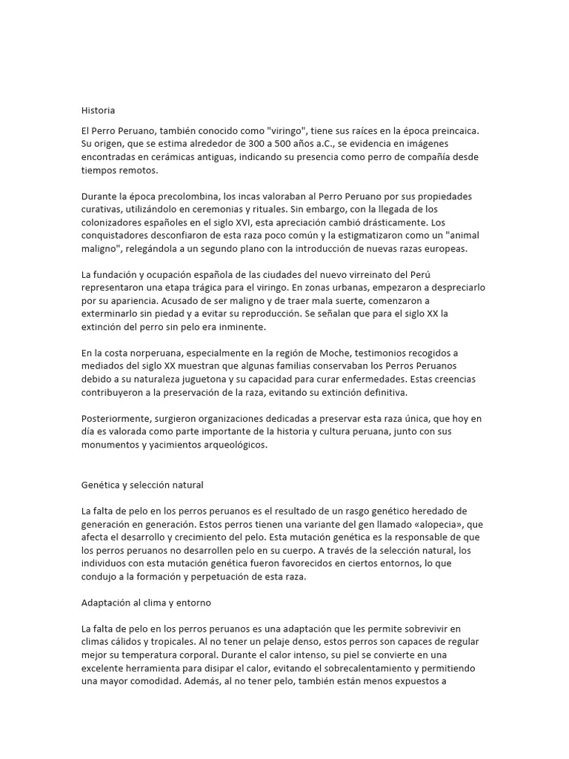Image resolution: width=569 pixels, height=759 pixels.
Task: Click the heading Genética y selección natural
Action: click(x=142, y=485)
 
